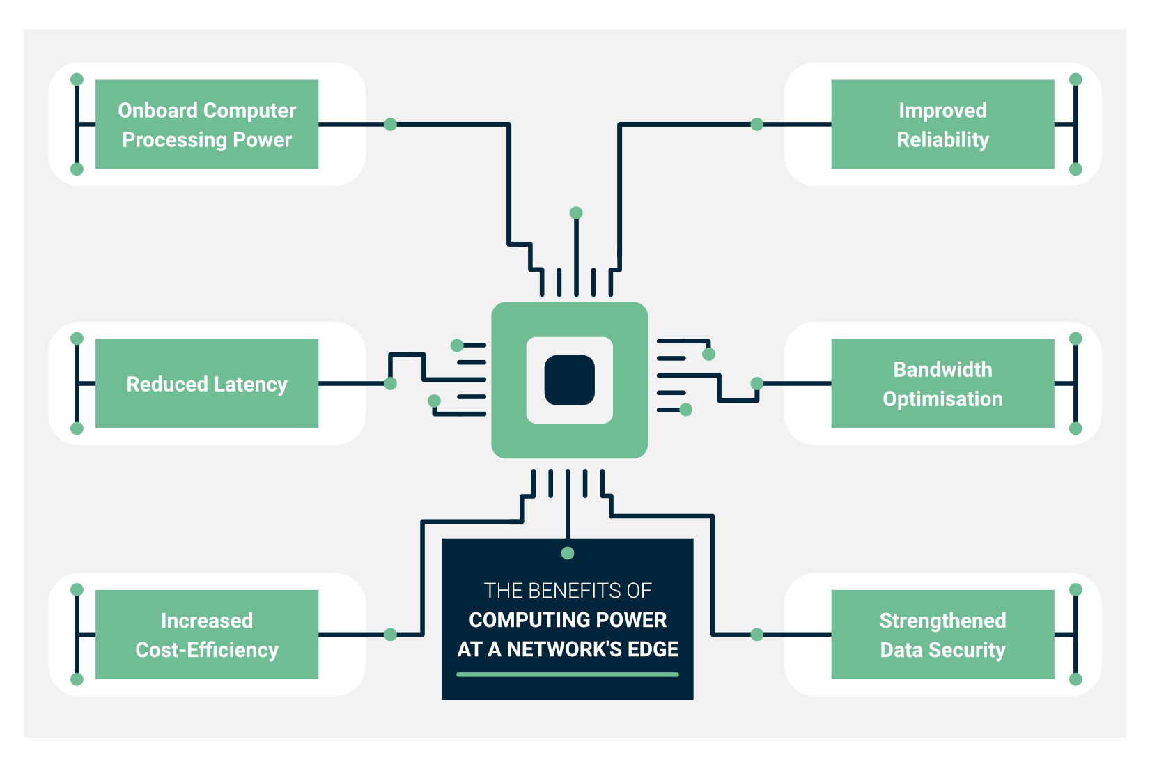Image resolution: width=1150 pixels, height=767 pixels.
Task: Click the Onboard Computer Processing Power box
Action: pos(207,124)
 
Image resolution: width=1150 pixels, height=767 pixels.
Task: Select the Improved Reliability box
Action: pos(942,124)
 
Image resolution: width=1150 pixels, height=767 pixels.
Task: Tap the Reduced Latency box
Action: pos(207,383)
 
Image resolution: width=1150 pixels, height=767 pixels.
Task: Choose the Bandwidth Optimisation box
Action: pos(942,383)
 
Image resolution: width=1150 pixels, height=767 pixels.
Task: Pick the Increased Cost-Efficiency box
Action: pos(207,635)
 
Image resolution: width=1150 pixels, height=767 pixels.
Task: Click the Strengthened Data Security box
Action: pos(942,635)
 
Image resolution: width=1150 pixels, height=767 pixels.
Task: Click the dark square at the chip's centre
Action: pos(569,380)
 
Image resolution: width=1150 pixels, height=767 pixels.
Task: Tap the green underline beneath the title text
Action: pos(567,674)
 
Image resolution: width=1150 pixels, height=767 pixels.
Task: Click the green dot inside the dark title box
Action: pos(568,553)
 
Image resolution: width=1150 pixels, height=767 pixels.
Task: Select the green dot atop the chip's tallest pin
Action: pos(576,212)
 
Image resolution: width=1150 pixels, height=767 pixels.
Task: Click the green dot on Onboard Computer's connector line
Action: pos(391,124)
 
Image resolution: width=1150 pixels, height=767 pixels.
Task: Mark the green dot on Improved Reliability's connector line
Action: pos(757,124)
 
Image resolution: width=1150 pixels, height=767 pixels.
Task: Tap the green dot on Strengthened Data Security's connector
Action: pos(757,635)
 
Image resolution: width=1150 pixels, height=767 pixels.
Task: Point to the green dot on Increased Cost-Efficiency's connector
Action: pos(391,635)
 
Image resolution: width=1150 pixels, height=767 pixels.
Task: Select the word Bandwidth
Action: pos(942,369)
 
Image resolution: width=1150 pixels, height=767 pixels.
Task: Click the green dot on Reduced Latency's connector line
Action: pos(391,383)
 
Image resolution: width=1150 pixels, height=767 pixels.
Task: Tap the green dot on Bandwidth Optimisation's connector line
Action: pos(757,383)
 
